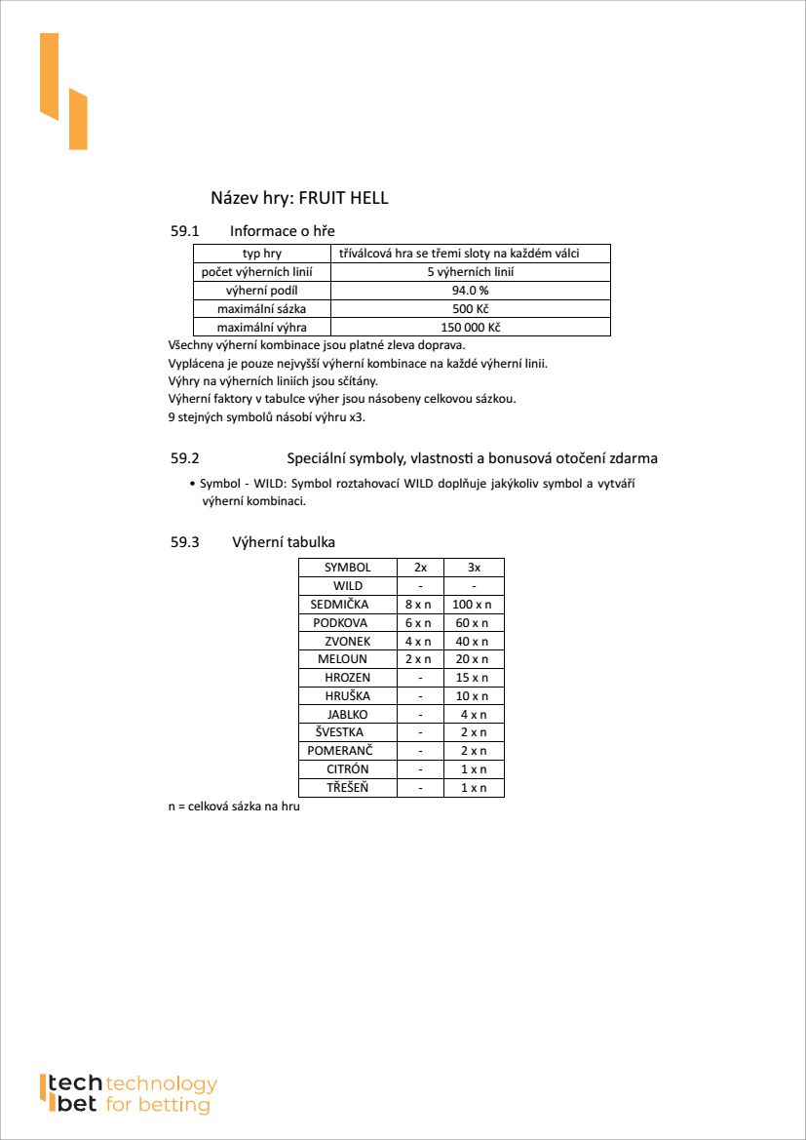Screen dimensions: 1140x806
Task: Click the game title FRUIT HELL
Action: pos(343,198)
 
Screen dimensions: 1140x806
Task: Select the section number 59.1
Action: pos(184,231)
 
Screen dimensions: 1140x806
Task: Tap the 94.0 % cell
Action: pos(470,291)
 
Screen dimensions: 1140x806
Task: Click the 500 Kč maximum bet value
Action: pos(470,309)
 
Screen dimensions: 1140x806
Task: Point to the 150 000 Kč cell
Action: pos(470,328)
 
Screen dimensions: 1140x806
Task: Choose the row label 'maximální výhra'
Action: pos(261,328)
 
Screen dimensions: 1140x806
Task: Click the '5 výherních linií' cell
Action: pos(470,272)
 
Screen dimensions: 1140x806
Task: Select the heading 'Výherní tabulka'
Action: pos(285,542)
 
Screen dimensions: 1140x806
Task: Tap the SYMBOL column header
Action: pos(347,568)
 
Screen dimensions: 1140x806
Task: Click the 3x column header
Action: pos(474,568)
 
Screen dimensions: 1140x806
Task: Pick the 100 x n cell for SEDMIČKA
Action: pos(474,605)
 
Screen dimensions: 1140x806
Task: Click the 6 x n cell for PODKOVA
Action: pos(419,623)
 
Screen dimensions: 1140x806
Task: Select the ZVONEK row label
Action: pos(347,642)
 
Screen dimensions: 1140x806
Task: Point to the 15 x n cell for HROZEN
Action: pos(474,678)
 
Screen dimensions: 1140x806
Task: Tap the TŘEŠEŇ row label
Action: pos(347,788)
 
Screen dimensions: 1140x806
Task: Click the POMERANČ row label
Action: pos(339,751)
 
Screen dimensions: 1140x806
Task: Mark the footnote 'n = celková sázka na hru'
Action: pos(233,807)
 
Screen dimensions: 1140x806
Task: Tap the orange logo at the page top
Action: pos(63,91)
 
